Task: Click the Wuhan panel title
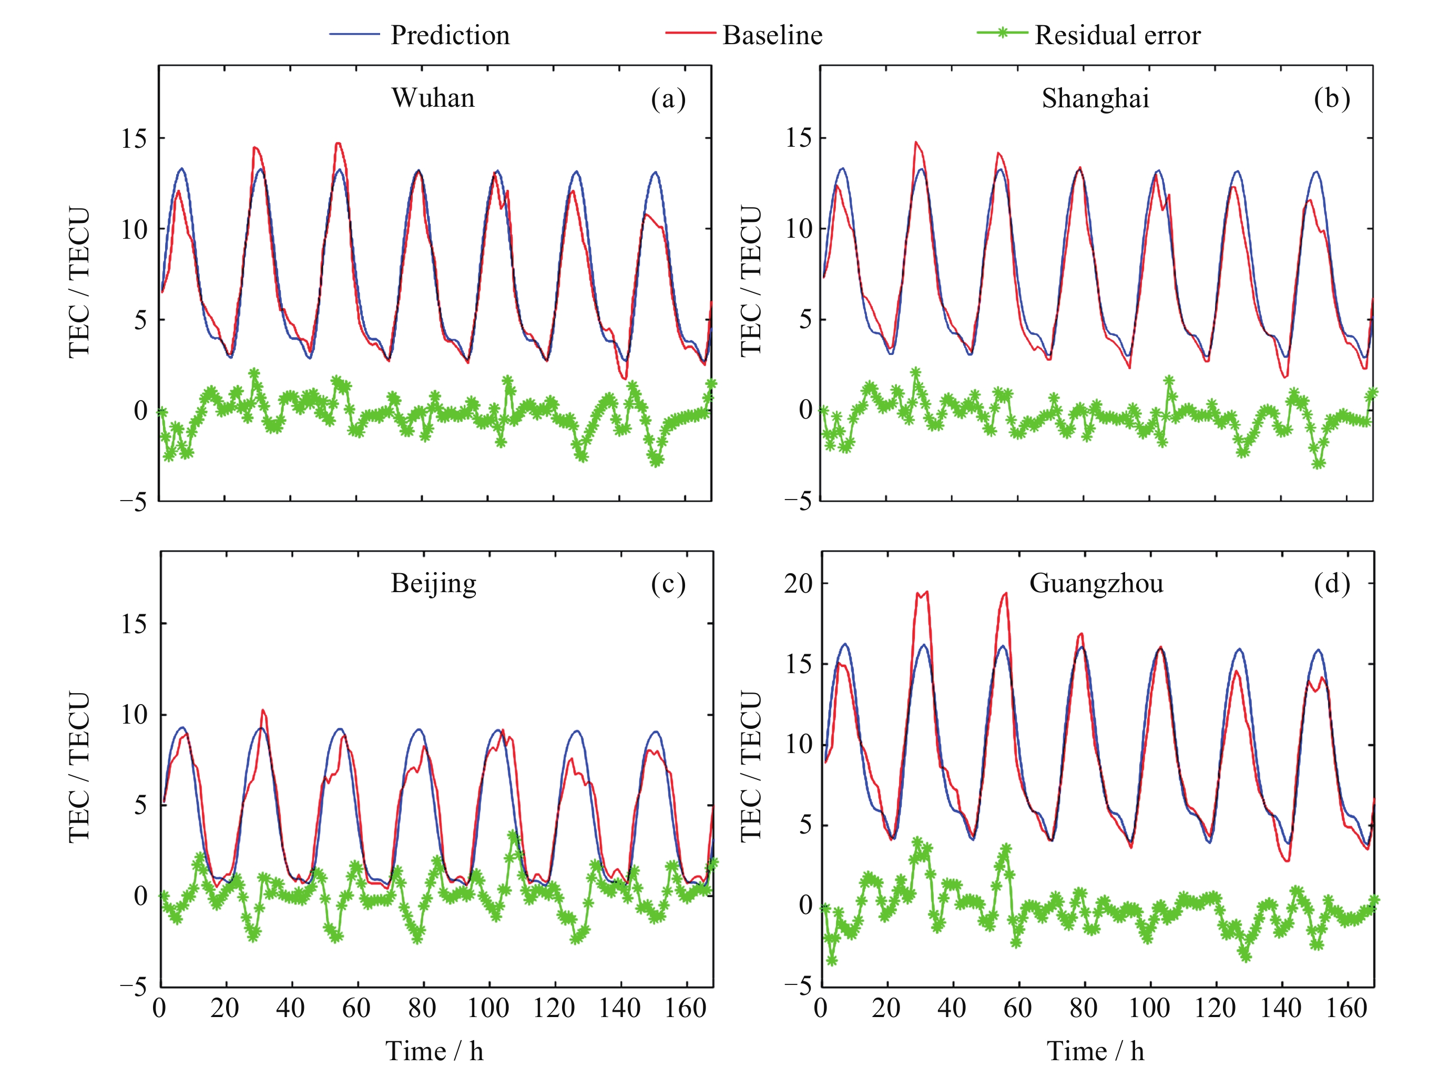click(x=433, y=98)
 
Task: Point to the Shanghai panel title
click(x=1095, y=98)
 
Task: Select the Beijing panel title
click(x=433, y=583)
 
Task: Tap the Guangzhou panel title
click(x=1096, y=583)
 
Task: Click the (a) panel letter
click(x=668, y=98)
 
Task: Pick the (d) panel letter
click(x=1331, y=583)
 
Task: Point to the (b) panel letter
click(x=1331, y=98)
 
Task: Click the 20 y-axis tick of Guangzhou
click(x=799, y=583)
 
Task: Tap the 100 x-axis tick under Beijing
click(x=488, y=1008)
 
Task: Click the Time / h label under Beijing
click(x=434, y=1051)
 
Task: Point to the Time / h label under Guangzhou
click(x=1095, y=1051)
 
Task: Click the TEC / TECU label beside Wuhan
click(x=79, y=283)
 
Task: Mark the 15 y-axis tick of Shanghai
click(x=799, y=138)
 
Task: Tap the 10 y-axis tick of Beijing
click(x=134, y=714)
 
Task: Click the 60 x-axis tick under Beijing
click(x=356, y=1008)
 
